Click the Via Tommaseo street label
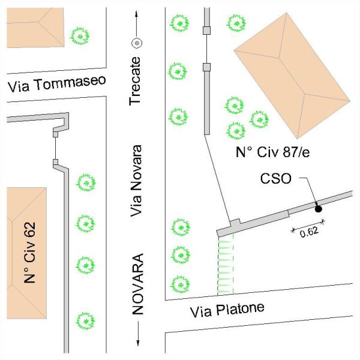(x=57, y=84)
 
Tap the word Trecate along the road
(x=135, y=81)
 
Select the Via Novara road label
(x=136, y=181)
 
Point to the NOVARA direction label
(x=138, y=284)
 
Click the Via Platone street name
(x=227, y=310)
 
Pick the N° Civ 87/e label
(x=273, y=152)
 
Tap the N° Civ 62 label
(x=30, y=253)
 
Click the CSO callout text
(x=276, y=179)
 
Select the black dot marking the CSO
(x=318, y=209)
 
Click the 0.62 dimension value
(x=309, y=232)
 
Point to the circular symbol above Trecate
(x=137, y=43)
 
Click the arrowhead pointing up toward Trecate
(x=136, y=14)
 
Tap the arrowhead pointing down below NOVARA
(x=138, y=343)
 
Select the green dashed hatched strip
(x=225, y=264)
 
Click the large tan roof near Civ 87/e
(x=292, y=76)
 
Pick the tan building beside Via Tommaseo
(x=35, y=28)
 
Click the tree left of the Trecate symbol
(x=80, y=36)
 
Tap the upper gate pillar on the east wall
(x=206, y=31)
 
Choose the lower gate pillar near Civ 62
(x=55, y=162)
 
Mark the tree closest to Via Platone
(x=180, y=284)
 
